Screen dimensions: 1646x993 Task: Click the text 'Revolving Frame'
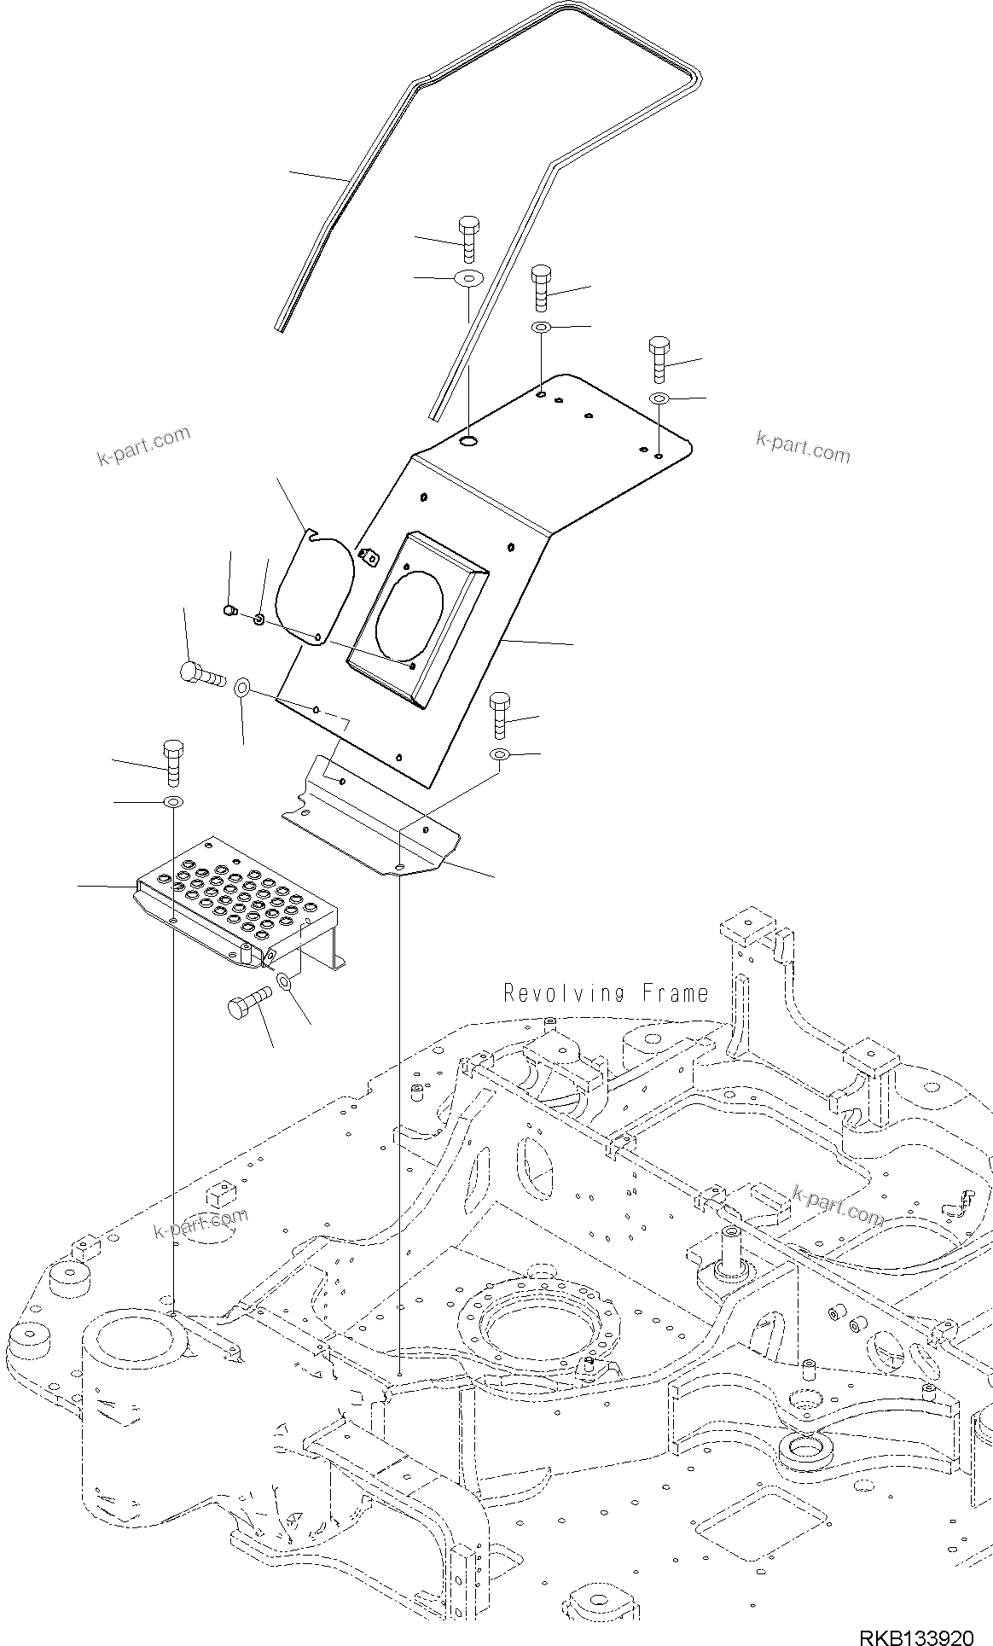click(606, 993)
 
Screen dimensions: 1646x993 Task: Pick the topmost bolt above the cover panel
click(468, 238)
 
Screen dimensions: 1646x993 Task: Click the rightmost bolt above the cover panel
click(659, 358)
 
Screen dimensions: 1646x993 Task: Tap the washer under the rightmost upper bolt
click(659, 398)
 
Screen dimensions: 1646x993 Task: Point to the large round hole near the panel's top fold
click(468, 441)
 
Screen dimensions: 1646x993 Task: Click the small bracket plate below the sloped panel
click(371, 822)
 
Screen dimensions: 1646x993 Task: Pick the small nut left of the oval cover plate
click(229, 609)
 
